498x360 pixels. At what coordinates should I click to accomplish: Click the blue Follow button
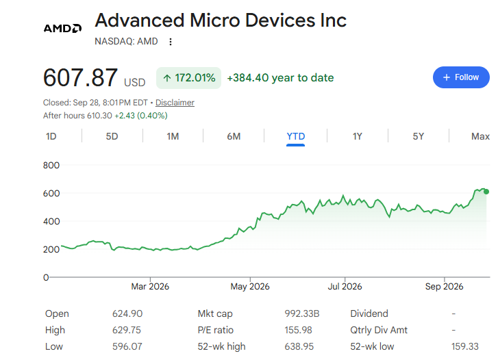pos(461,77)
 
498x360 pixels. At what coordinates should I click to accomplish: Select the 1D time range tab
pos(51,136)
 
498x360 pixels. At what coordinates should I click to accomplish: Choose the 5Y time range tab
pos(419,136)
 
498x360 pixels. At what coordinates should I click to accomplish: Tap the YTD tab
pos(296,136)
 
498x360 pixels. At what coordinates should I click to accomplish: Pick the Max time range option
pos(480,136)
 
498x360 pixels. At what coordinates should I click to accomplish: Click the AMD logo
pos(62,28)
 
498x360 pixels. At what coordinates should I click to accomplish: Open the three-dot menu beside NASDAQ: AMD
pos(171,42)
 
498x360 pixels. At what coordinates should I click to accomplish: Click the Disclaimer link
pos(175,103)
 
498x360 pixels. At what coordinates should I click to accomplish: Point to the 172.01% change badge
pos(188,78)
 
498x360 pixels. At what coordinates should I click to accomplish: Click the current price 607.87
pos(80,77)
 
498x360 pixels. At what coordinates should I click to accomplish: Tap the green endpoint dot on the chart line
pos(486,192)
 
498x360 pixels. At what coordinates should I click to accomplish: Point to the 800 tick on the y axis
pos(51,165)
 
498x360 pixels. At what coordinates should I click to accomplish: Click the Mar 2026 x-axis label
pos(150,286)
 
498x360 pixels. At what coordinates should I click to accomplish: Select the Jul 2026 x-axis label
pos(345,286)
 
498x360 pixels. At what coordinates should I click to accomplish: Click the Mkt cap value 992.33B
pos(301,313)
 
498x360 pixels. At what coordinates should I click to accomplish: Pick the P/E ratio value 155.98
pos(298,330)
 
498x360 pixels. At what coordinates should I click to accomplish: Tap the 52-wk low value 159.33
pos(465,346)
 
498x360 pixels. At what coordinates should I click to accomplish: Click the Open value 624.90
pos(127,313)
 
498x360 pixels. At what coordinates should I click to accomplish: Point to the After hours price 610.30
pos(99,116)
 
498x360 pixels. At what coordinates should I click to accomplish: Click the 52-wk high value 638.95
pos(299,346)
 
